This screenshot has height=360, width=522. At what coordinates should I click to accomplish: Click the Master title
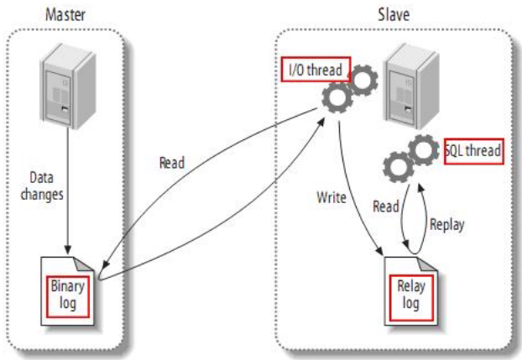65,14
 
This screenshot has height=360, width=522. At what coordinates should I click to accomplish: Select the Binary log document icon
70,287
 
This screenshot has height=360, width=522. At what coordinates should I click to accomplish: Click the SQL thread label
474,151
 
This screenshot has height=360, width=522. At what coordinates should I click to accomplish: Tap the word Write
331,199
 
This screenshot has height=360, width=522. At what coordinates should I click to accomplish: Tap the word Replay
446,225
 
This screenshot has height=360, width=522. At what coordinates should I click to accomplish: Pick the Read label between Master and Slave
172,162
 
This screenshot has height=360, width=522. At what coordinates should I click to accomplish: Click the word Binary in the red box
69,285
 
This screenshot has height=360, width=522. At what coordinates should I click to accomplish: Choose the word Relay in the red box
411,287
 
